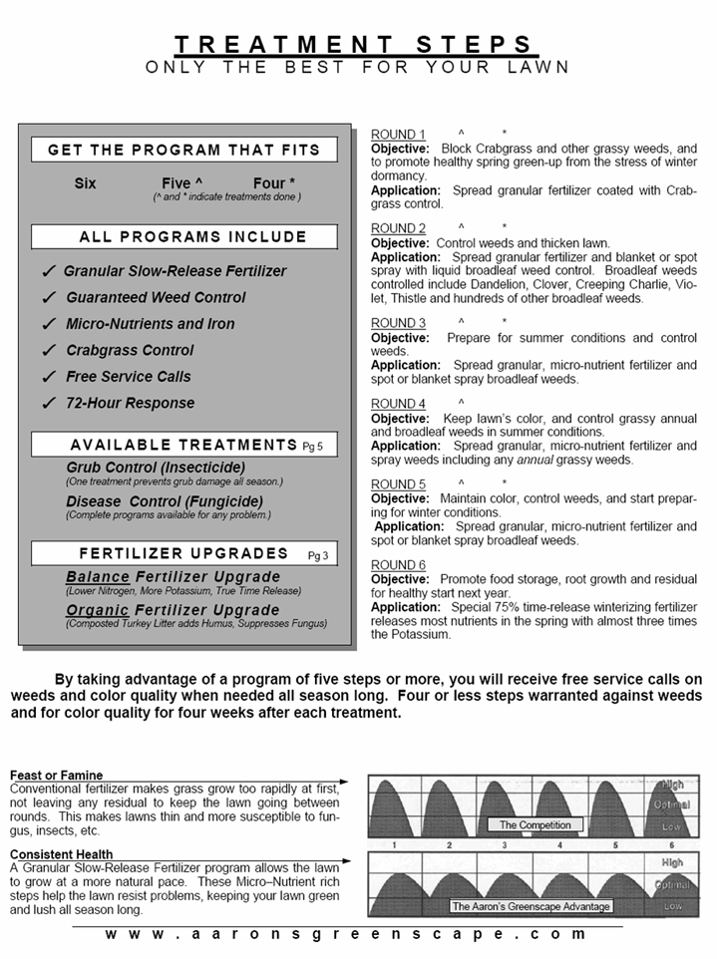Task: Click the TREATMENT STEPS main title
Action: (356, 44)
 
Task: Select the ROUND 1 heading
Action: (398, 135)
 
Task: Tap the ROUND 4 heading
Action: (398, 404)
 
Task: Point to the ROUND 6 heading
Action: (398, 565)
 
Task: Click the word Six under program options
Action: (86, 183)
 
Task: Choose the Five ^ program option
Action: (181, 183)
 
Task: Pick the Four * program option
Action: (274, 183)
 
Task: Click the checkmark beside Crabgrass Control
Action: (49, 351)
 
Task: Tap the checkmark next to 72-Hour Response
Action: (49, 404)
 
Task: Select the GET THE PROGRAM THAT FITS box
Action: (184, 151)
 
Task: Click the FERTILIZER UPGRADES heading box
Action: (184, 553)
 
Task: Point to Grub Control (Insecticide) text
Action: (156, 468)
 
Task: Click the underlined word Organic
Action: (98, 610)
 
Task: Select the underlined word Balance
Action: (98, 577)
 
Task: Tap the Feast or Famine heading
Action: (57, 776)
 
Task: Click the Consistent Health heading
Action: (61, 854)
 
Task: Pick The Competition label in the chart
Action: (536, 825)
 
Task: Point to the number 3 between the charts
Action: (505, 845)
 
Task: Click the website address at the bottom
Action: (346, 934)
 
